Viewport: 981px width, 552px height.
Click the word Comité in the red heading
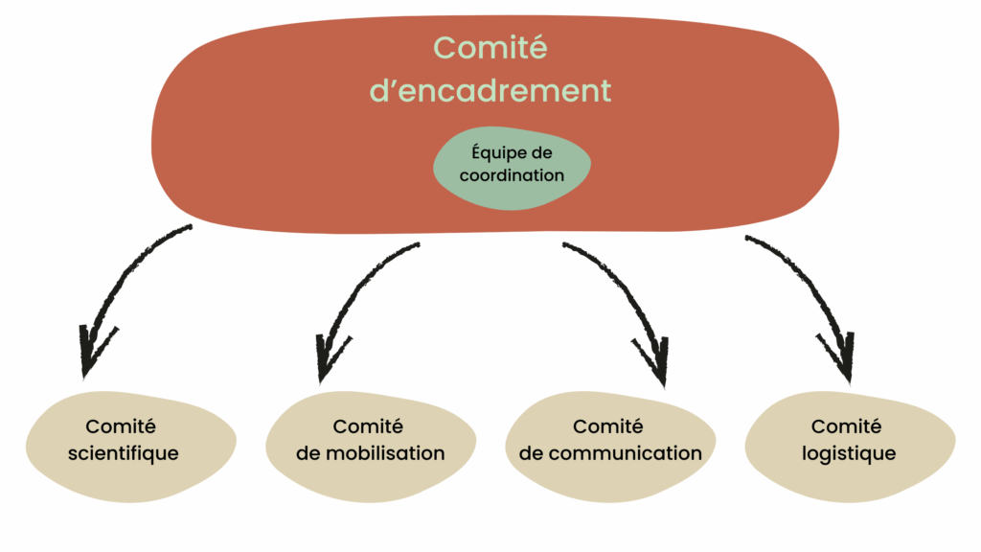tap(490, 47)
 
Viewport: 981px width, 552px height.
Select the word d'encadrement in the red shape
tap(490, 91)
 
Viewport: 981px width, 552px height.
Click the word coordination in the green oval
tap(512, 175)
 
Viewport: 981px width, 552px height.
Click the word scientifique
tap(124, 452)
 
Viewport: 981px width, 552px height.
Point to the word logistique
tap(849, 453)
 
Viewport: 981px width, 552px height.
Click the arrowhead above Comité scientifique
tap(95, 350)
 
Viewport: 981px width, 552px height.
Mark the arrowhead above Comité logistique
tap(838, 354)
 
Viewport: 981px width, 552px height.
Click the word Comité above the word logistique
tap(847, 426)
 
